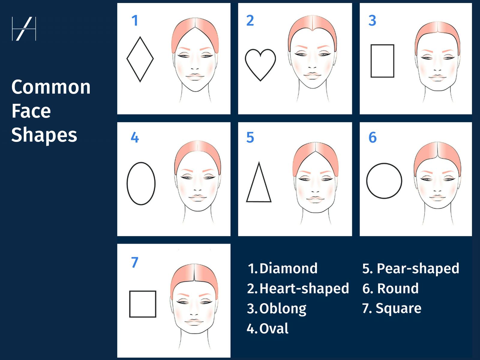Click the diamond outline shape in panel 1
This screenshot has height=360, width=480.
coord(140,59)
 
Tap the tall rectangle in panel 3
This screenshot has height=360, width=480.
coord(382,61)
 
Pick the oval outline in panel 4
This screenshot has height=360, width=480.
coord(141,184)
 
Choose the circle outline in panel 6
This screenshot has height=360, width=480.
coord(384,181)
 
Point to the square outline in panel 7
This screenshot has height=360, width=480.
coord(143,304)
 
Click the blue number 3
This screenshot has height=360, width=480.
coord(372,20)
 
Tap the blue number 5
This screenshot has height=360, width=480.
coord(250,137)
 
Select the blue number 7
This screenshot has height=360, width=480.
coord(134,262)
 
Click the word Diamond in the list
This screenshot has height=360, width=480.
coord(288,268)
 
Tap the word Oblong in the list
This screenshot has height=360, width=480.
coord(283,308)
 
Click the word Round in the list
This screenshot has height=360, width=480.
coord(397,288)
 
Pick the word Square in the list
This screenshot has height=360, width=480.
coord(398,308)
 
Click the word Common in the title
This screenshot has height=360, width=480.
coord(51,87)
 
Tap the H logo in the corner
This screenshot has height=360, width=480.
coord(24,29)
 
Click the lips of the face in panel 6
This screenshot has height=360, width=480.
coord(437,198)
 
